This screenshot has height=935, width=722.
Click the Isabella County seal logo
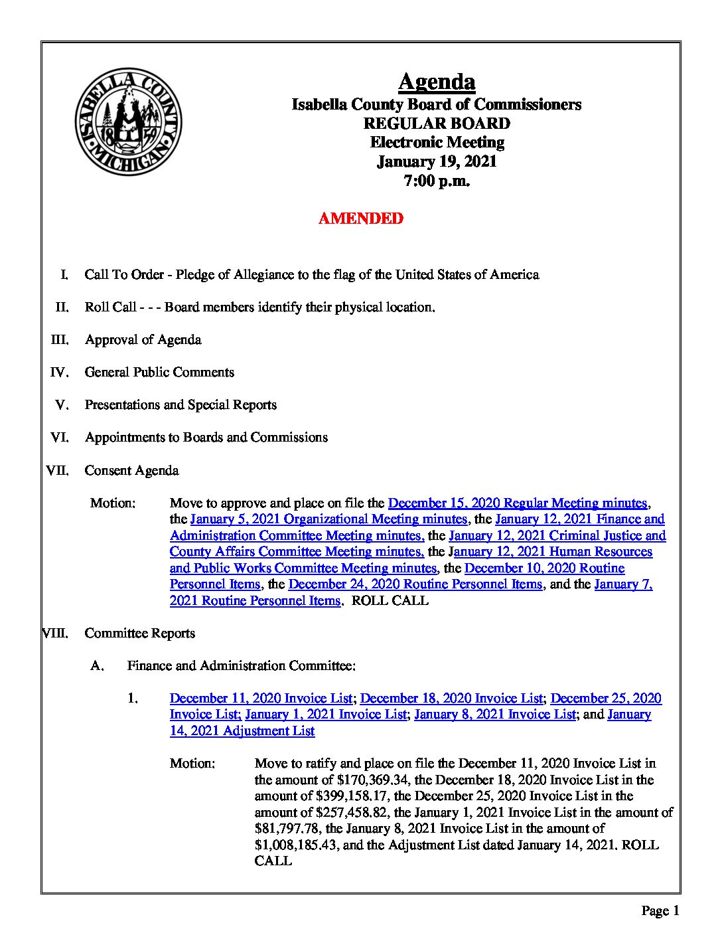pos(128,125)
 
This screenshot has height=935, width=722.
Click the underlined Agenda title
pos(437,82)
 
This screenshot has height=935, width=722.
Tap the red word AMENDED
pos(360,218)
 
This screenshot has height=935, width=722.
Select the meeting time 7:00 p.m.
pos(437,181)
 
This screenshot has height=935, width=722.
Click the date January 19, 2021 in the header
pos(437,161)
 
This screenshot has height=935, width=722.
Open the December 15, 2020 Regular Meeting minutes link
pos(517,503)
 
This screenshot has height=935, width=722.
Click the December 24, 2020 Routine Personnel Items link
pos(415,584)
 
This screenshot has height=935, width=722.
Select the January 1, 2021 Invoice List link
pos(325,715)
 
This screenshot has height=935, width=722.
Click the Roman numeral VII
pos(56,471)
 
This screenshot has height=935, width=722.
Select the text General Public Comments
pos(159,373)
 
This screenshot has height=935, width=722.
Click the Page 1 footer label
pos(660,911)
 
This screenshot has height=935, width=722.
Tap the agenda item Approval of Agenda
pos(143,340)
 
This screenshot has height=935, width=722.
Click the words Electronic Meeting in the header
pos(437,142)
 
